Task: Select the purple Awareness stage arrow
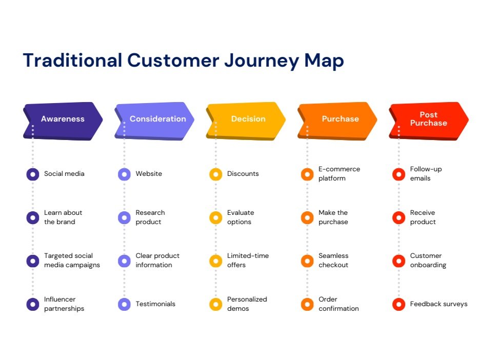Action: (63, 119)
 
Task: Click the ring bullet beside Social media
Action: (33, 174)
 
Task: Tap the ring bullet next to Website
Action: (124, 174)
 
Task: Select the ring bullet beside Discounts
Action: (216, 174)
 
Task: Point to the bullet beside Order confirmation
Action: (307, 304)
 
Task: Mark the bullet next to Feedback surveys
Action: (398, 304)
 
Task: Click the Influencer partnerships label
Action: (64, 304)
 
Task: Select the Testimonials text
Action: (155, 304)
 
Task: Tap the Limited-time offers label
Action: (248, 261)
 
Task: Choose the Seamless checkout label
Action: (333, 261)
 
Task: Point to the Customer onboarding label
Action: (428, 261)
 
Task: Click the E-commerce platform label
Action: (339, 174)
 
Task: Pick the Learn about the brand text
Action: (63, 217)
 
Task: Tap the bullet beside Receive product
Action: (398, 217)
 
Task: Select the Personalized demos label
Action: (247, 304)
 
